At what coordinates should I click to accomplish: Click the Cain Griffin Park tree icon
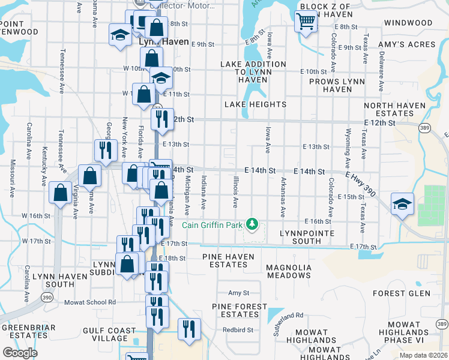253,224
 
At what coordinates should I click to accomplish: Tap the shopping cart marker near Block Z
306,21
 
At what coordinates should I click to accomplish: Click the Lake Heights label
255,104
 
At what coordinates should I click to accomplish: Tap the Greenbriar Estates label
28,331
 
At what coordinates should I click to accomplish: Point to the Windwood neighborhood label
408,23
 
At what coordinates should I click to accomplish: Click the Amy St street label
238,293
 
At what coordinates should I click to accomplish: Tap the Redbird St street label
235,330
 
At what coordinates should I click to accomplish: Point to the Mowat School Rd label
89,302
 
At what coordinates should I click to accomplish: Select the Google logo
20,353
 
